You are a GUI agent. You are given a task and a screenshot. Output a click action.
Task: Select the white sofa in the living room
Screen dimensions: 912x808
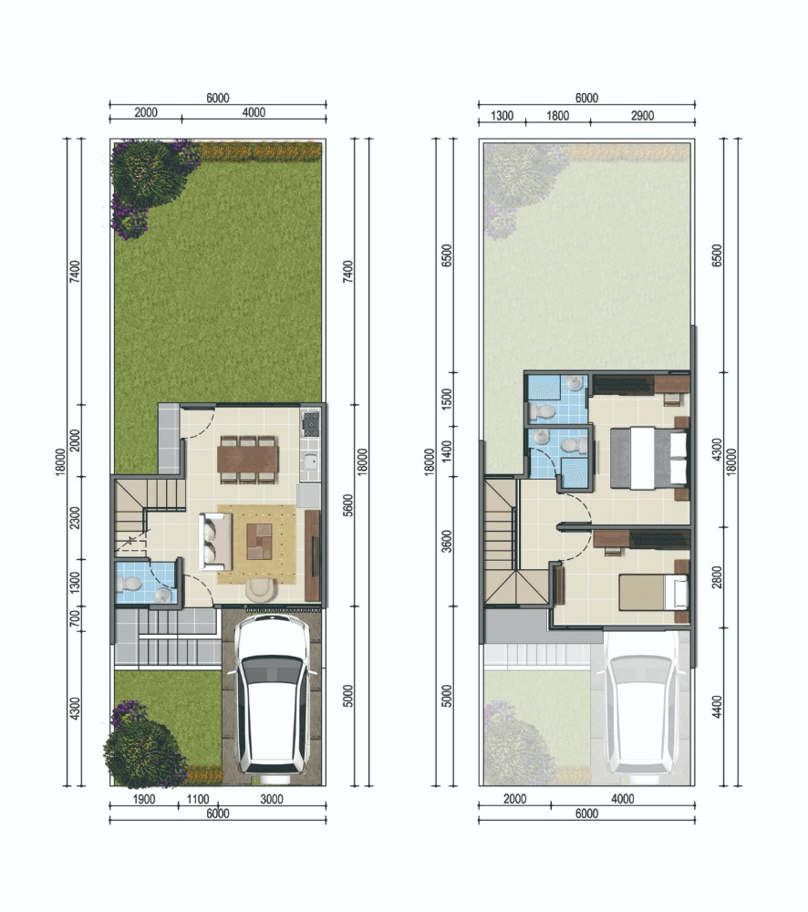(x=216, y=540)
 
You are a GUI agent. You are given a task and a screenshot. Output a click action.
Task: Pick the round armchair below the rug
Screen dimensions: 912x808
(x=260, y=591)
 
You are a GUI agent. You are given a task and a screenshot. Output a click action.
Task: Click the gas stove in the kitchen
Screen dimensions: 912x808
(x=311, y=422)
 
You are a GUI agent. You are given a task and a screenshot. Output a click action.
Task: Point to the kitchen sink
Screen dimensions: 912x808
(x=311, y=462)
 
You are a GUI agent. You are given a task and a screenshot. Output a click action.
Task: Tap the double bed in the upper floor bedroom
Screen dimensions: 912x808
(x=647, y=457)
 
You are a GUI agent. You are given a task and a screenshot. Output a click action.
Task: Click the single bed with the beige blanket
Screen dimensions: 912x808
(x=651, y=592)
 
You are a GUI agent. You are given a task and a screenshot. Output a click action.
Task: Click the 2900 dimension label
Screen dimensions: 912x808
(x=641, y=115)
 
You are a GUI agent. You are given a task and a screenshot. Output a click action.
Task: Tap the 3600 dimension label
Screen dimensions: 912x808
(x=446, y=542)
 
